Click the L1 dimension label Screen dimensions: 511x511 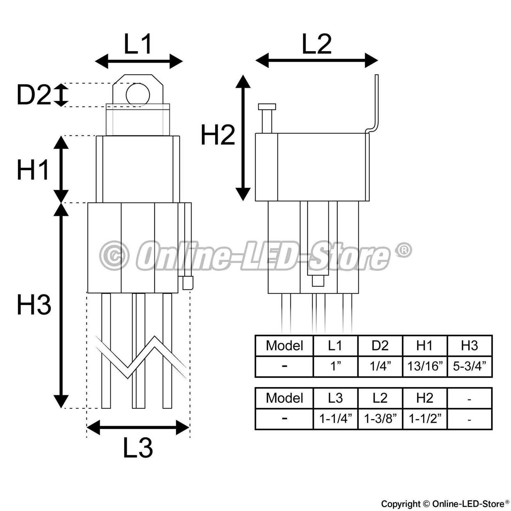pyautogui.click(x=138, y=44)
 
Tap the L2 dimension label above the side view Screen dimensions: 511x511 pyautogui.click(x=317, y=44)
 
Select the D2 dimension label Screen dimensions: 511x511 pyautogui.click(x=33, y=95)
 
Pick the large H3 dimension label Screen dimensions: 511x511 pyautogui.click(x=34, y=305)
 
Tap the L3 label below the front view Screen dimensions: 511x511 pyautogui.click(x=138, y=448)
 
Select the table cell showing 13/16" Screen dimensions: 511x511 pyautogui.click(x=425, y=367)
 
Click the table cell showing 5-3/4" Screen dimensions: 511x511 pyautogui.click(x=469, y=367)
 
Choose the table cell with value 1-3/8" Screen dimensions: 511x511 pyautogui.click(x=380, y=419)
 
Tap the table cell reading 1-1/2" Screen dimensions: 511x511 pyautogui.click(x=425, y=419)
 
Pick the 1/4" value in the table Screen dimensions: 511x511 pyautogui.click(x=380, y=367)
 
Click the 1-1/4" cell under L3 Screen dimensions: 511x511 pyautogui.click(x=336, y=419)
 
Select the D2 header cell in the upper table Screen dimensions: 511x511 pyautogui.click(x=380, y=346)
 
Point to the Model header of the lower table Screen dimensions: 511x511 pyautogui.click(x=284, y=398)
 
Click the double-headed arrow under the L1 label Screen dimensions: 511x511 pyautogui.click(x=139, y=61)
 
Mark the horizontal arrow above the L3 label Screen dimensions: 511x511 pyautogui.click(x=138, y=427)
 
